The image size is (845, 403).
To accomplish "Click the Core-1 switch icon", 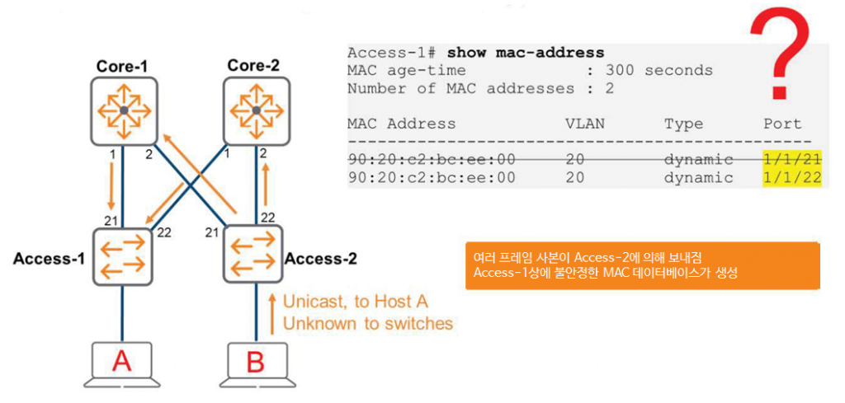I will (x=123, y=110).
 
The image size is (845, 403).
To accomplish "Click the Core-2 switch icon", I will (x=256, y=110).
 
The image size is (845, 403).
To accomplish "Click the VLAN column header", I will (x=585, y=124).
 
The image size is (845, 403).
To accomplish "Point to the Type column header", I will (x=683, y=124).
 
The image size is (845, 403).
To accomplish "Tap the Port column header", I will (x=782, y=124).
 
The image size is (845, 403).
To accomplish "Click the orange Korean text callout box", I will (x=642, y=265).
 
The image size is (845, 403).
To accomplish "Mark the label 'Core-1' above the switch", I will (x=122, y=65).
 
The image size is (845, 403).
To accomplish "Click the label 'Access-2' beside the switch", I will (x=321, y=259).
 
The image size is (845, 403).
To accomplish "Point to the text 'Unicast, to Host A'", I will (x=356, y=302).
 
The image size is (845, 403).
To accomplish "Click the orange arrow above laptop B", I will (x=271, y=312).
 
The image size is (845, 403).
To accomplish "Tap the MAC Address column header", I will (x=401, y=124).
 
